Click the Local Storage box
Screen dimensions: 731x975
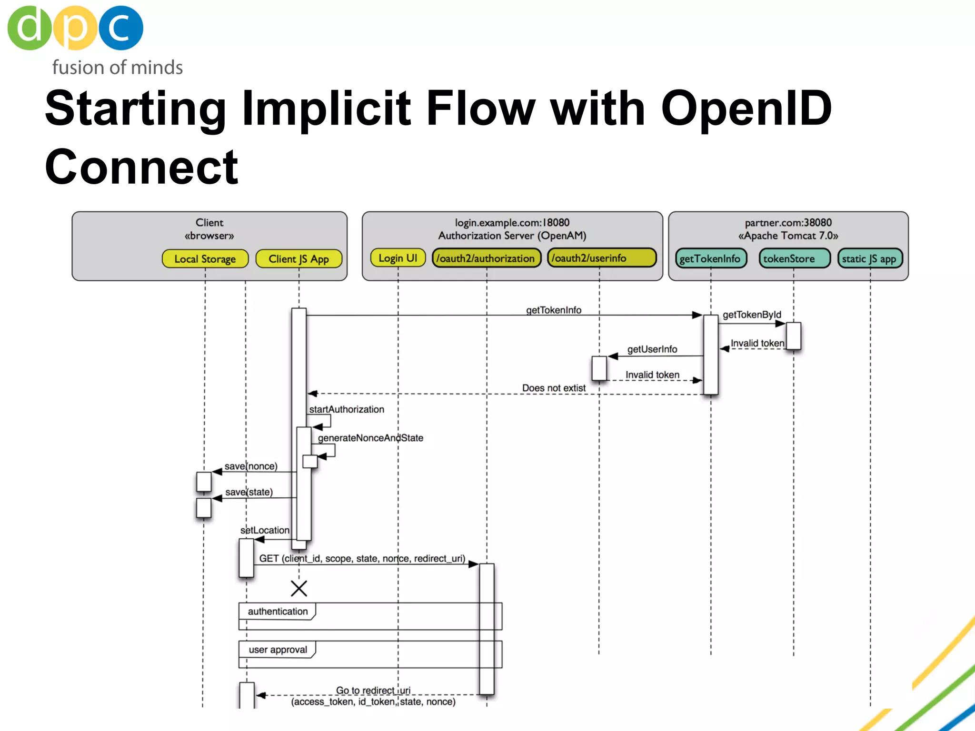tap(205, 259)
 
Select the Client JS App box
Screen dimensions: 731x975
tap(298, 259)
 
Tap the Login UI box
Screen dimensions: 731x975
tap(398, 258)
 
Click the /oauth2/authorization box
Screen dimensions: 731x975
tap(486, 258)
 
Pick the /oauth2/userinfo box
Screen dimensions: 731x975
tap(601, 258)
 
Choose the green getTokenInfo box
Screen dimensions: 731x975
tap(710, 259)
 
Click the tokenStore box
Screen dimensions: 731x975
tap(794, 259)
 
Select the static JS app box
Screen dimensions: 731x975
tap(869, 259)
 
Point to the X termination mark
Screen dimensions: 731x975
tap(299, 589)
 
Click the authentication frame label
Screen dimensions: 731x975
tap(278, 612)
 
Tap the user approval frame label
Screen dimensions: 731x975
tap(278, 650)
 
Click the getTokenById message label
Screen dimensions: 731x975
tap(752, 315)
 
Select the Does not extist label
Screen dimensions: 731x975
tap(554, 388)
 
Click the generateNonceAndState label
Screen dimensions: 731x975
tap(370, 438)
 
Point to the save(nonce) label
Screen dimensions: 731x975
tap(251, 466)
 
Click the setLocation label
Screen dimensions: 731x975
tap(265, 530)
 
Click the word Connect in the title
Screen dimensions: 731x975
tap(141, 167)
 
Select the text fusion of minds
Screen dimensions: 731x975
tap(117, 68)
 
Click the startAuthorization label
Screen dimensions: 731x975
tap(347, 409)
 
